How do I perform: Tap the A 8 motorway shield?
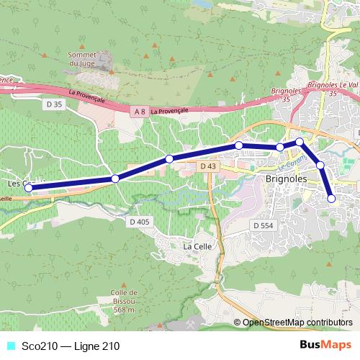tap(140, 111)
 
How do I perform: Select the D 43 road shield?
tap(208, 166)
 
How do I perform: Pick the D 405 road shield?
tap(140, 221)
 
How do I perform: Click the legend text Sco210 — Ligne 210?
tap(71, 346)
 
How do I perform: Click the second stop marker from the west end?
tap(115, 179)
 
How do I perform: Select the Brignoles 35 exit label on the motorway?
tap(283, 94)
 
